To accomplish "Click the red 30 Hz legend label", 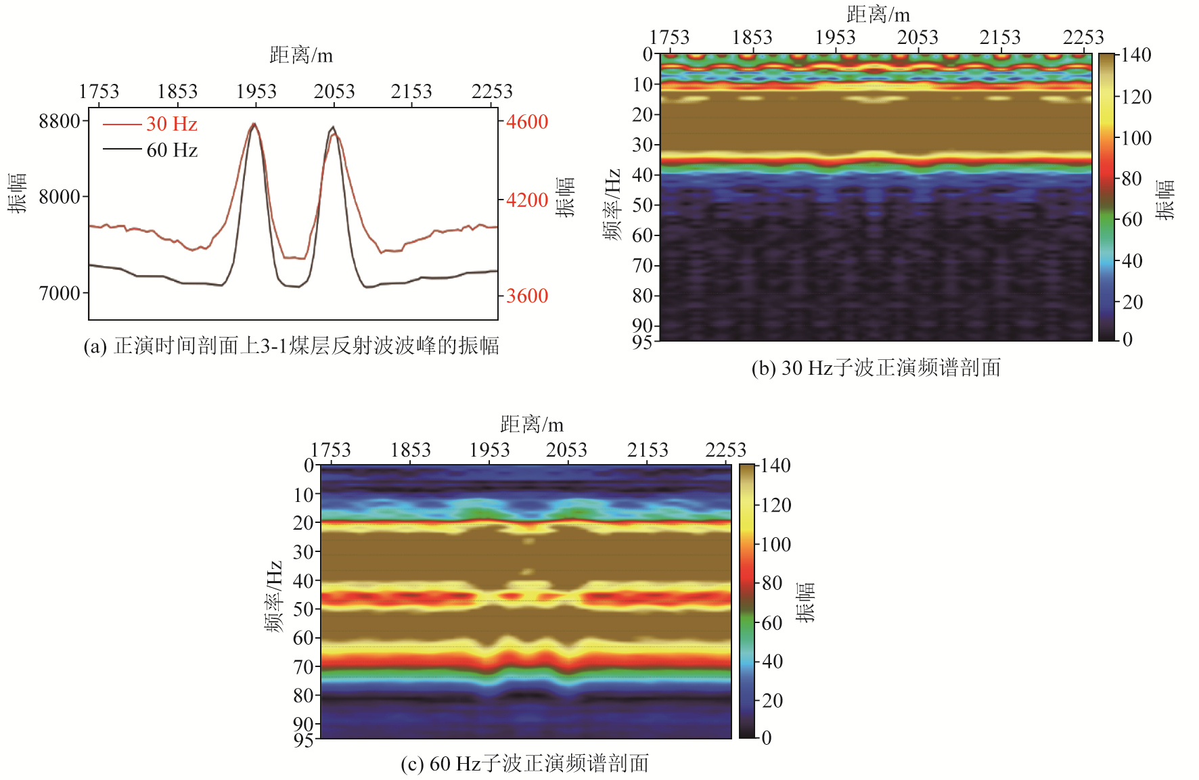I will pos(171,124).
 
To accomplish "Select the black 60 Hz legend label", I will pos(172,150).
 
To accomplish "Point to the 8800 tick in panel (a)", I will pos(60,122).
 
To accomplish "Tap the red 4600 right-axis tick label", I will pos(527,122).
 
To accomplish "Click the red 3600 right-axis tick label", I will pos(527,296).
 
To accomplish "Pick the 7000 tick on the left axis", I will pos(60,294).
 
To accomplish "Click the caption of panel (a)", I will pos(291,346).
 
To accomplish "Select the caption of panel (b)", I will pos(876,368).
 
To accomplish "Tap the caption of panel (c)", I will pos(524,764).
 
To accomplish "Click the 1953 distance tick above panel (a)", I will pos(256,91).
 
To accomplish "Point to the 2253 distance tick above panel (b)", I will pos(1083,37).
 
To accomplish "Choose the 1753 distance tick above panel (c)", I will pos(330,450).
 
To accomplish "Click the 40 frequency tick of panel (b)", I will pos(643,175).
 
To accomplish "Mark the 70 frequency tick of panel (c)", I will pos(303,667).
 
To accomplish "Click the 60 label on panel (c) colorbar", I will pos(772,623).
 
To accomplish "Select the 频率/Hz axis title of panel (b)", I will pos(612,204).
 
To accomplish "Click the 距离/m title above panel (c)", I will pos(532,425).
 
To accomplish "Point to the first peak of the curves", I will pos(254,124).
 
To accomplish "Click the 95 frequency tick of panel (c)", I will pos(303,739).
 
